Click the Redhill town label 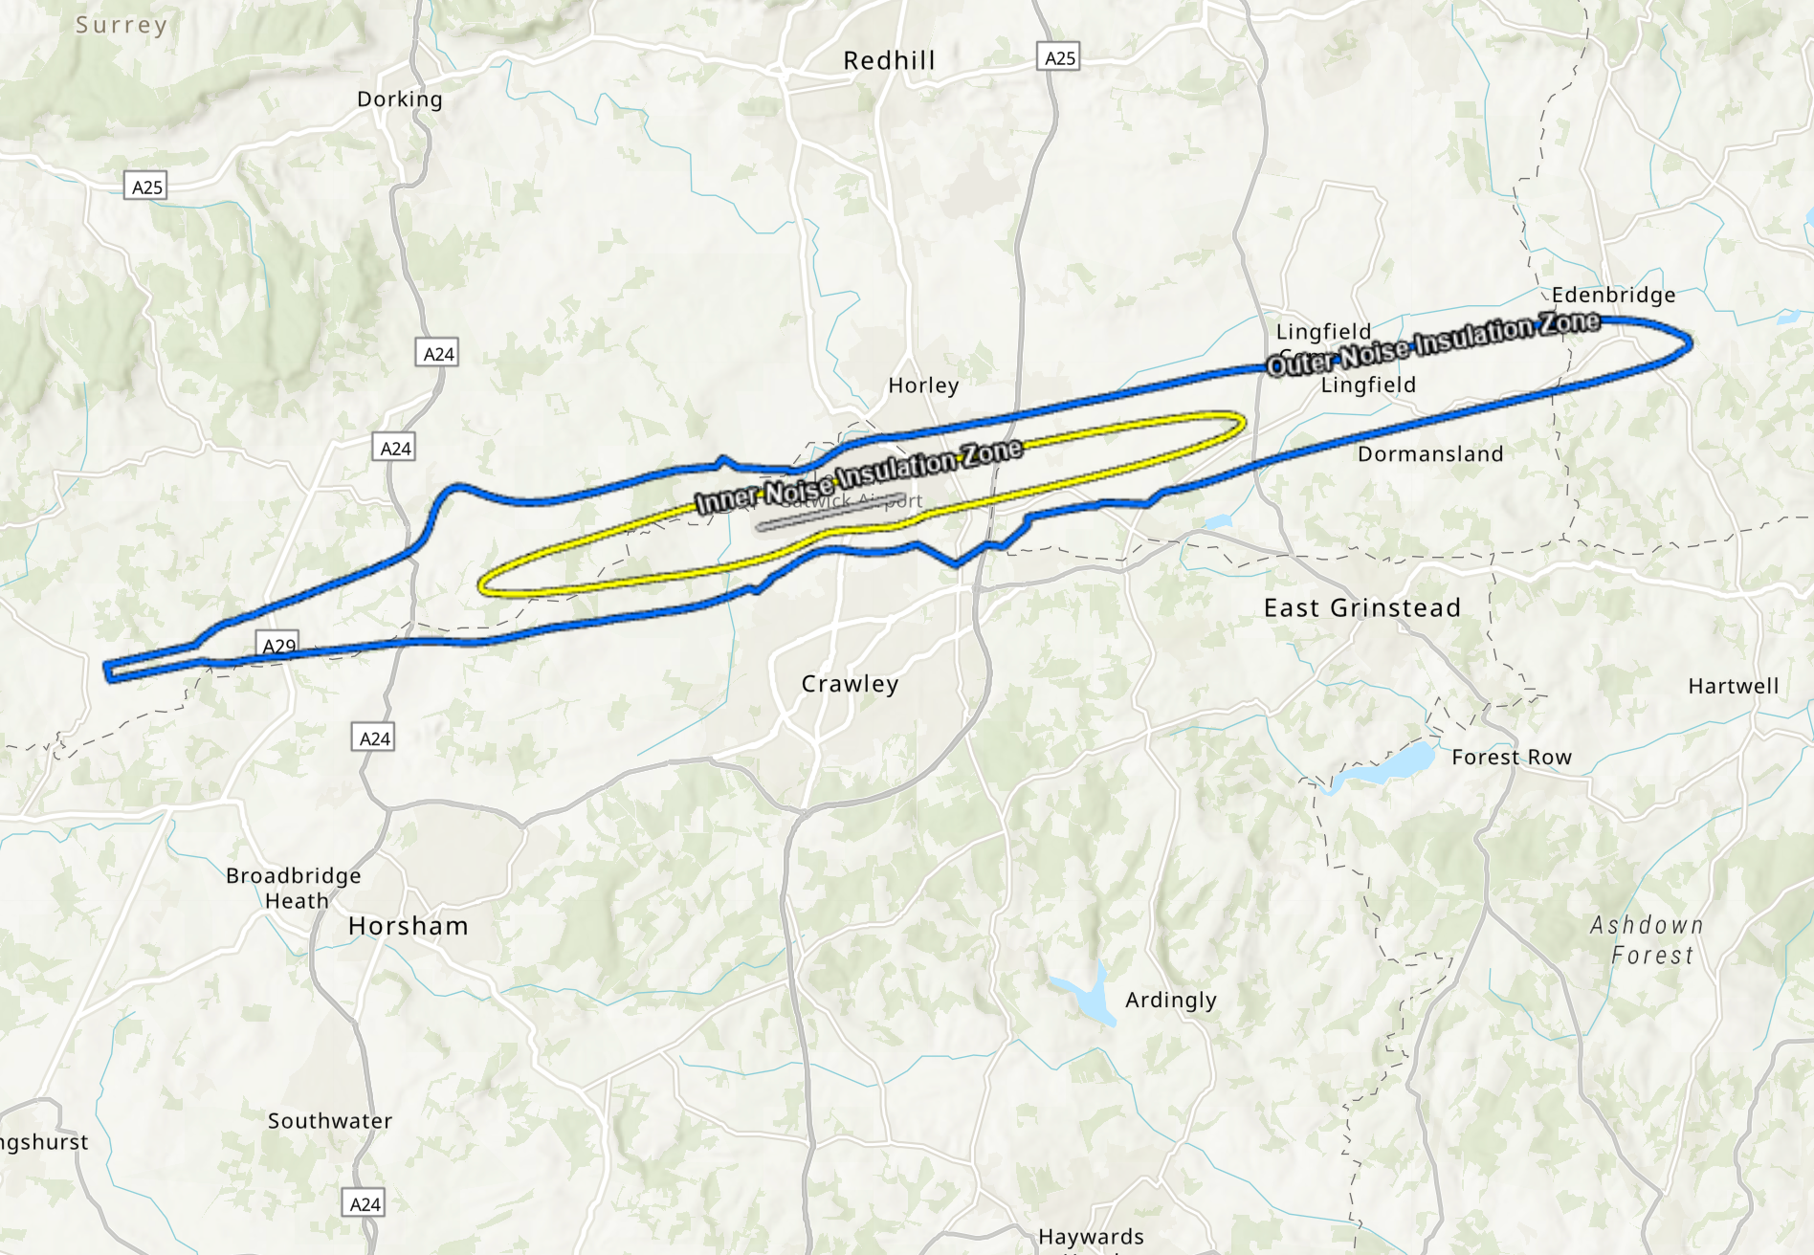tap(889, 61)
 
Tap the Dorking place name tap(400, 99)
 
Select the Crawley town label tap(850, 684)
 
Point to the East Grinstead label tap(1361, 608)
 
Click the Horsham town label tap(409, 926)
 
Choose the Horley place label tap(923, 385)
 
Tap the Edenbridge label tap(1613, 295)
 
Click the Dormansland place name tap(1430, 454)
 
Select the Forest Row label tap(1511, 758)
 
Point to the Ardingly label tap(1171, 1001)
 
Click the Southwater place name tap(330, 1121)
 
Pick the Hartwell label tap(1733, 687)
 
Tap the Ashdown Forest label tap(1648, 940)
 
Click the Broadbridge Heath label tap(294, 888)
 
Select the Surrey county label tap(122, 25)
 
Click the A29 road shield tap(278, 645)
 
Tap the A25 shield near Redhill tap(1059, 57)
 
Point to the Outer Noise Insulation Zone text tap(1433, 342)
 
